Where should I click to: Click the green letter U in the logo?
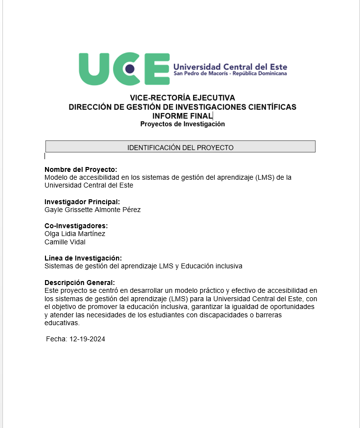[96, 69]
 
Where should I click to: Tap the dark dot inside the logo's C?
[130, 69]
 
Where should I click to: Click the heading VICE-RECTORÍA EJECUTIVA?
[182, 98]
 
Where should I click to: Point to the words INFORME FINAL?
[182, 116]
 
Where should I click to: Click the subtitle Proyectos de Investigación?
[182, 124]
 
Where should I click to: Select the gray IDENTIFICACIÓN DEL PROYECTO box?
[180, 147]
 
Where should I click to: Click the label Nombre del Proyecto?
[81, 169]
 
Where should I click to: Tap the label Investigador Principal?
[82, 202]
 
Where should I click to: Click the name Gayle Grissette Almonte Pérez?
[92, 210]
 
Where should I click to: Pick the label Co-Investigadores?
[76, 226]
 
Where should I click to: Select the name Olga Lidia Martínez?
[75, 234]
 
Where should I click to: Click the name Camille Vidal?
[65, 242]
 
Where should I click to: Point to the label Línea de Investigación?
[83, 258]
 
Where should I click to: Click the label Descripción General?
[80, 283]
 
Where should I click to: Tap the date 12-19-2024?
[88, 339]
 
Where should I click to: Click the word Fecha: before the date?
[57, 339]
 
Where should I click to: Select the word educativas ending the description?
[62, 323]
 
